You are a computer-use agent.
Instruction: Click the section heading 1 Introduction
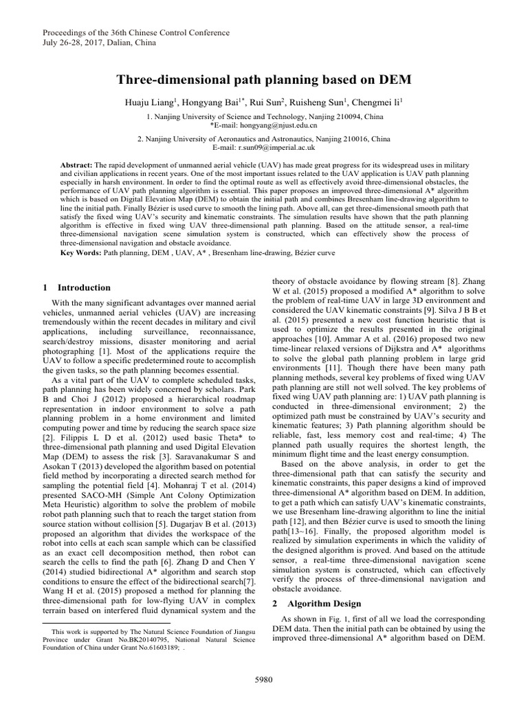pos(76,287)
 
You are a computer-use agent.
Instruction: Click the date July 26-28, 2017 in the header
pos(65,43)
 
